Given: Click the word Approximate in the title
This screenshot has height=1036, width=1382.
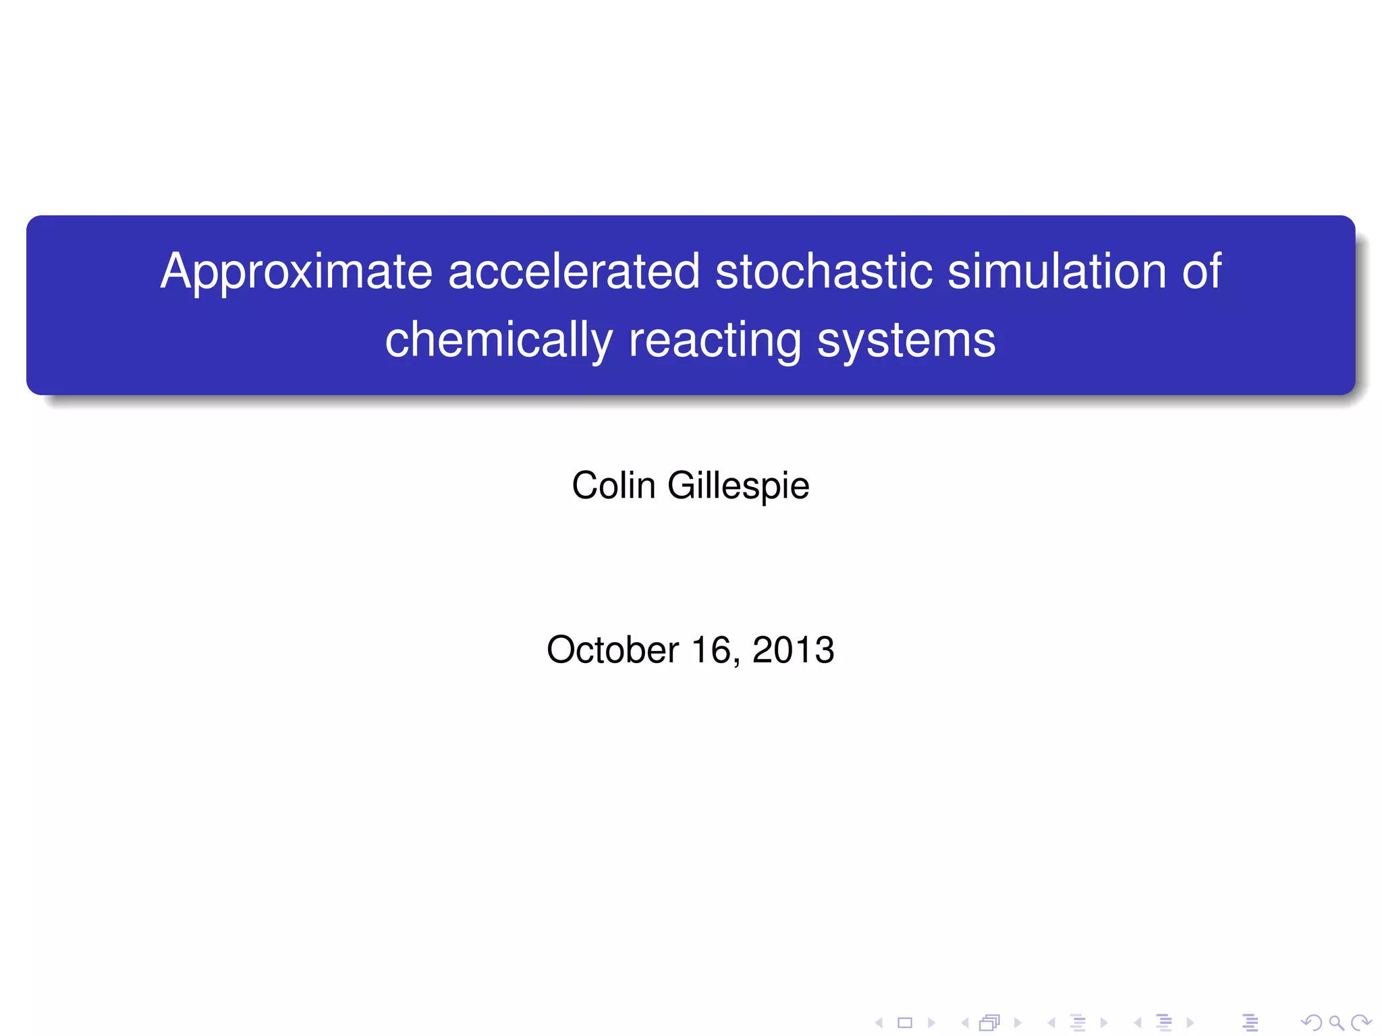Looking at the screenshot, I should (296, 272).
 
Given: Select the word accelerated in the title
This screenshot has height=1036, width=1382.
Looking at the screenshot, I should (574, 272).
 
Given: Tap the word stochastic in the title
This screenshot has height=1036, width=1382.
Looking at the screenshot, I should (823, 272).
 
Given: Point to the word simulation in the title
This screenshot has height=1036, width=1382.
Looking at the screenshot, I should (1057, 272).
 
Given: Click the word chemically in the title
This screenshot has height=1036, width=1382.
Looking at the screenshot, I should (499, 341).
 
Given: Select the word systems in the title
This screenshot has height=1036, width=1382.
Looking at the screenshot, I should (906, 341).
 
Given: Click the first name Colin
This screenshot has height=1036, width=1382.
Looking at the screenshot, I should (613, 486).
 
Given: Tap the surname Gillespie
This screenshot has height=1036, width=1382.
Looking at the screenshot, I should (738, 486).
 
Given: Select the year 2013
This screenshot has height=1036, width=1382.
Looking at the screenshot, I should (793, 650).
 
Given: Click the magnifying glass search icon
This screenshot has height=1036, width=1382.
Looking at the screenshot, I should (1336, 1023).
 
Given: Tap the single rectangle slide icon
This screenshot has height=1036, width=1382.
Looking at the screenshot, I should (905, 1023).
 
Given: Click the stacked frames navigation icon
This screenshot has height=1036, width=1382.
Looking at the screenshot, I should (989, 1023).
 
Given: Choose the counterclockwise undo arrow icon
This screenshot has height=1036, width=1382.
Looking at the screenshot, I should (1311, 1023).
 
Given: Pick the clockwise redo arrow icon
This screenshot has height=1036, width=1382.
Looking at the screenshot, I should (1361, 1023).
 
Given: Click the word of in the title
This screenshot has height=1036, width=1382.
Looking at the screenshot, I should (1201, 272).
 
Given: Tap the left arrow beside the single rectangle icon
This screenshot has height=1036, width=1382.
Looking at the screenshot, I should (879, 1023).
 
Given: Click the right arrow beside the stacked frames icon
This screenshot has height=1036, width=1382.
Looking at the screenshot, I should (1018, 1023).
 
